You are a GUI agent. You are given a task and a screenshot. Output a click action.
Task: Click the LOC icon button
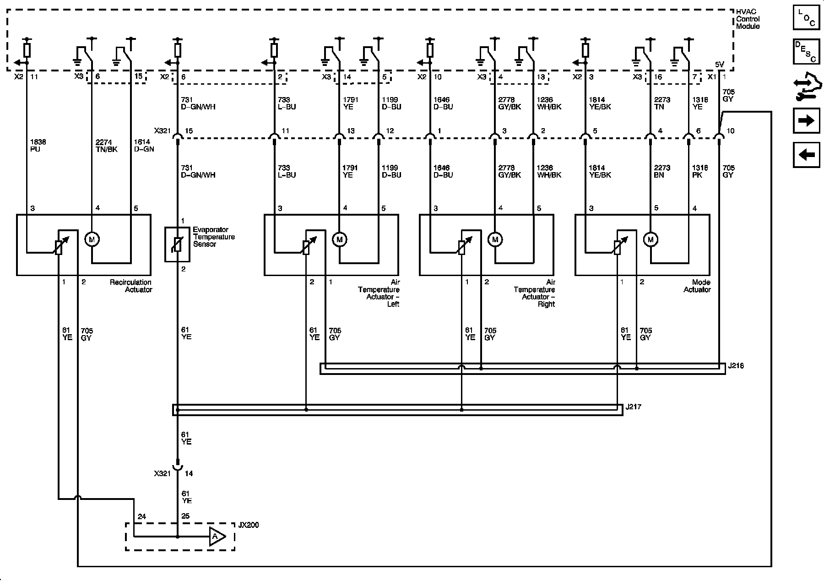[x=806, y=18]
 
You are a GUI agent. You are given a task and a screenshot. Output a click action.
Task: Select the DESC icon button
[x=806, y=52]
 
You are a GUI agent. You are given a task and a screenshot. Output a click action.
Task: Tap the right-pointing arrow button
[x=806, y=121]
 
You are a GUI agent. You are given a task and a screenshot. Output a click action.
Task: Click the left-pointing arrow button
[x=806, y=155]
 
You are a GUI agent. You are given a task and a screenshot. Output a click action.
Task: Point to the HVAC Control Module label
[x=748, y=19]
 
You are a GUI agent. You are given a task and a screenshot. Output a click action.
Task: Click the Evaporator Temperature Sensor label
[x=214, y=237]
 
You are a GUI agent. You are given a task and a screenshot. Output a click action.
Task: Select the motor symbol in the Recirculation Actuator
[x=92, y=239]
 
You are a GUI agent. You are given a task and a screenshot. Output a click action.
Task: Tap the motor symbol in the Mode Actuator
[x=651, y=239]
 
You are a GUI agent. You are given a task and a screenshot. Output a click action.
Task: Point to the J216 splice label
[x=735, y=366]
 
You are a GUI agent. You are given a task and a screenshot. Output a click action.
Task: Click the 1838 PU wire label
[x=38, y=146]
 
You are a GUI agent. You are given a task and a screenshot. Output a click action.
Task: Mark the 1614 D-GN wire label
[x=144, y=146]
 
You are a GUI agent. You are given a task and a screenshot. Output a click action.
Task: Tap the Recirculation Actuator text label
[x=130, y=286]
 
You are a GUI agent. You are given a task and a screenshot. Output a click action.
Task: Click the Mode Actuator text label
[x=697, y=286]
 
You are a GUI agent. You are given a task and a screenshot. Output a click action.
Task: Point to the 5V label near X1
[x=720, y=65]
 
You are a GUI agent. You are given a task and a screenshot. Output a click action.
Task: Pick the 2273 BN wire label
[x=662, y=171]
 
